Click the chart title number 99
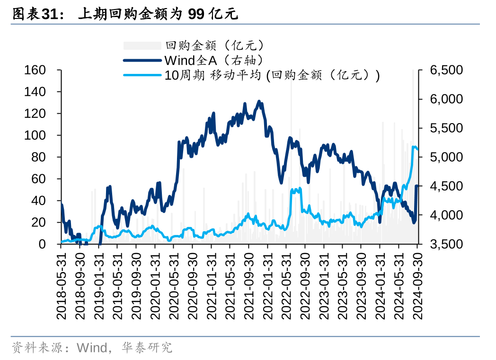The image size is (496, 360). click(196, 14)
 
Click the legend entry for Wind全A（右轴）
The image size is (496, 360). click(213, 60)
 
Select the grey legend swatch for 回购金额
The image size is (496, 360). click(142, 45)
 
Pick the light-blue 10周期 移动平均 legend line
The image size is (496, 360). click(142, 75)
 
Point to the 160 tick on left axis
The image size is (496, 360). click(35, 70)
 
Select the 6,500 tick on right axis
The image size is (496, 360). click(446, 70)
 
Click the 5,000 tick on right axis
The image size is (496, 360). click(446, 157)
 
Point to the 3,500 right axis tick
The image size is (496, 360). click(446, 244)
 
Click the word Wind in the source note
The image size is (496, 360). click(92, 348)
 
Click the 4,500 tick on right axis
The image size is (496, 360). click(446, 186)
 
